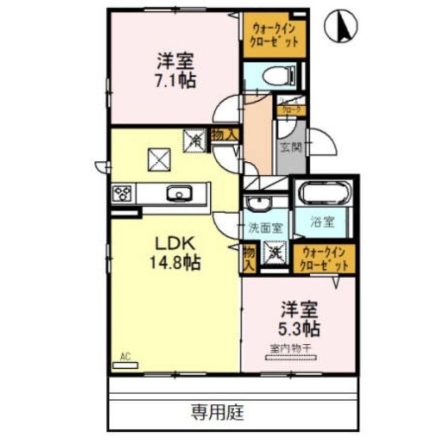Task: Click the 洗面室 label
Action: (266, 228)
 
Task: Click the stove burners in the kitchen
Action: (123, 194)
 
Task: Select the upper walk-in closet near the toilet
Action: (274, 34)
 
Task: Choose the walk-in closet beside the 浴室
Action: (323, 260)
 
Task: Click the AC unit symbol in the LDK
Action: (125, 365)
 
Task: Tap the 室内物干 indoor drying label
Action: (290, 348)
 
